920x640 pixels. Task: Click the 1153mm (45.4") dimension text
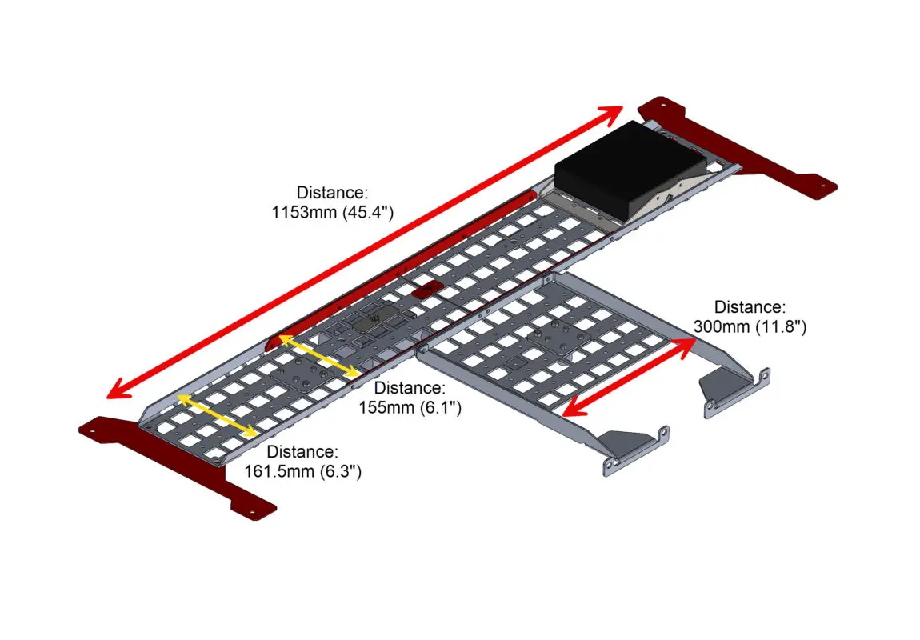[x=332, y=212]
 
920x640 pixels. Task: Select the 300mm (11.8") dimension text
[x=750, y=326]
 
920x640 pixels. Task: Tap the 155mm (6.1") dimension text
[x=410, y=407]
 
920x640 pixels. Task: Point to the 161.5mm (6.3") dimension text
[x=302, y=471]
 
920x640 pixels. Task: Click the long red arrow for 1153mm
[x=365, y=252]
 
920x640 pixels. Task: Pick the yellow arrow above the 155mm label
[x=318, y=356]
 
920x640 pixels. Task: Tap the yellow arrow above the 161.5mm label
[x=217, y=416]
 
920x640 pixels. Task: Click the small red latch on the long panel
[x=426, y=289]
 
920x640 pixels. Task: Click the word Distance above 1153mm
[x=332, y=193]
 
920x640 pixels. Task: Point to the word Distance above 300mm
[x=750, y=307]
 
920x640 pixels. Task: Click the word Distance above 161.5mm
[x=302, y=452]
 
